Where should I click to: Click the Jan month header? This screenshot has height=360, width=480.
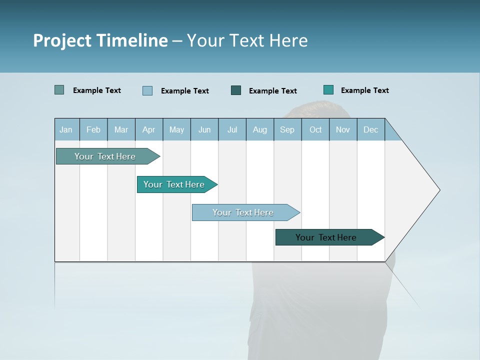click(x=66, y=129)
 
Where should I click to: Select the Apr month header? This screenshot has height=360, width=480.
click(x=149, y=129)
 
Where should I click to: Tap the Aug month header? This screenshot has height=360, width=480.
click(x=260, y=129)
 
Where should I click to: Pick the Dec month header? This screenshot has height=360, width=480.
click(x=371, y=129)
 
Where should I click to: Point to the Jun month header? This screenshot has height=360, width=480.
click(x=204, y=129)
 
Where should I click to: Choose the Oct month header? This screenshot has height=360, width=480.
click(x=315, y=129)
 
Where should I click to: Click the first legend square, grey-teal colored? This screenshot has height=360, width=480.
click(x=59, y=90)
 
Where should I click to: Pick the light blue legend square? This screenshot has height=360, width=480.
click(x=147, y=90)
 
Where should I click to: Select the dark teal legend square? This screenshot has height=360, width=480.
click(x=236, y=90)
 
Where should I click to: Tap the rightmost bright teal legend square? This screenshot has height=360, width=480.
click(x=328, y=90)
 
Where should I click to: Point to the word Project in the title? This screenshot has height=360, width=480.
click(x=62, y=40)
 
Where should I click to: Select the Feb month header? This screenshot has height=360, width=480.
click(x=93, y=129)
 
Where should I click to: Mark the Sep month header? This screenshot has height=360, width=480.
click(x=287, y=129)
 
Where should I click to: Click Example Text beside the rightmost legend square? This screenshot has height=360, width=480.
click(x=364, y=90)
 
